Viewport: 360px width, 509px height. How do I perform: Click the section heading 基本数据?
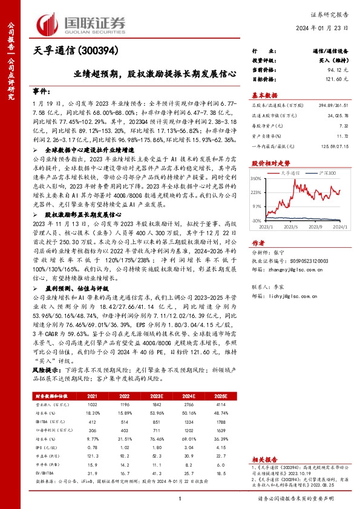click(264, 94)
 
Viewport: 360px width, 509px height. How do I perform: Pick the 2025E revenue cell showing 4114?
click(219, 403)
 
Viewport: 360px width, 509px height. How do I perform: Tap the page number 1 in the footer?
click(180, 498)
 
